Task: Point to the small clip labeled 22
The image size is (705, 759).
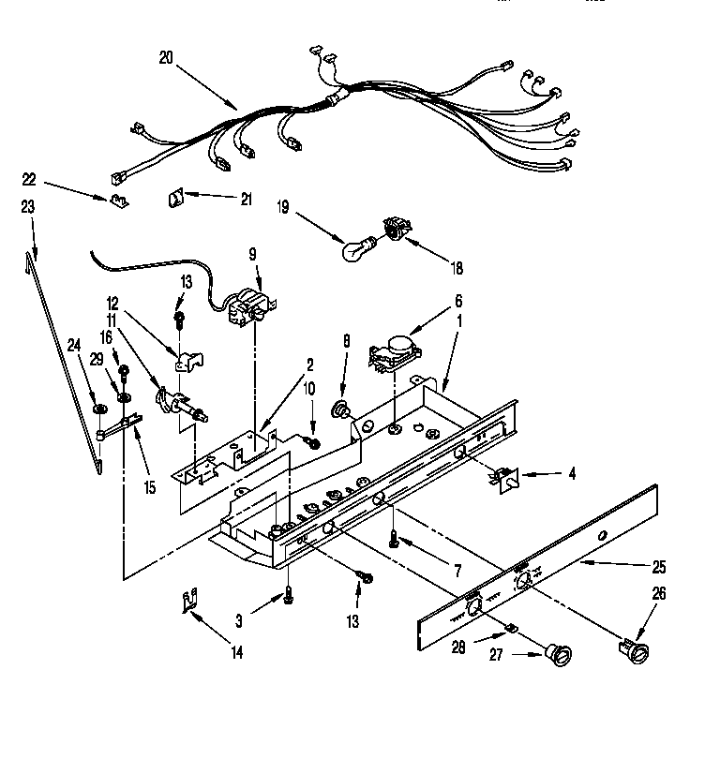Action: pyautogui.click(x=118, y=199)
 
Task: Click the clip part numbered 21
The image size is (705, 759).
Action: pyautogui.click(x=174, y=198)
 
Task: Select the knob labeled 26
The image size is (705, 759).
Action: pyautogui.click(x=634, y=650)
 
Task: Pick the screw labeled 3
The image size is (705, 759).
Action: pyautogui.click(x=289, y=596)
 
